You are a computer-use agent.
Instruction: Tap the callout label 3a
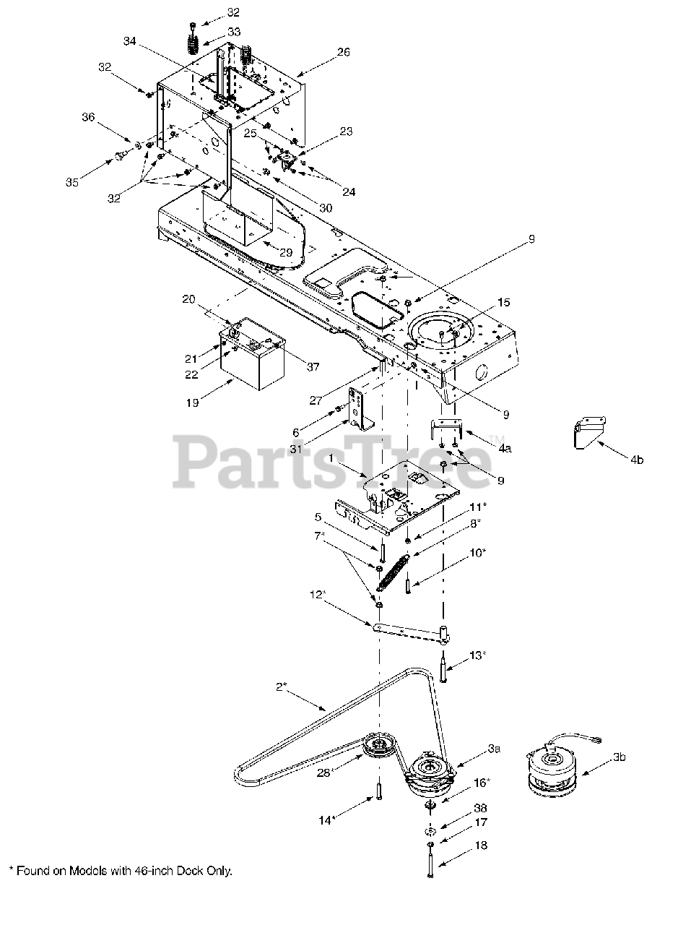coord(493,749)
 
